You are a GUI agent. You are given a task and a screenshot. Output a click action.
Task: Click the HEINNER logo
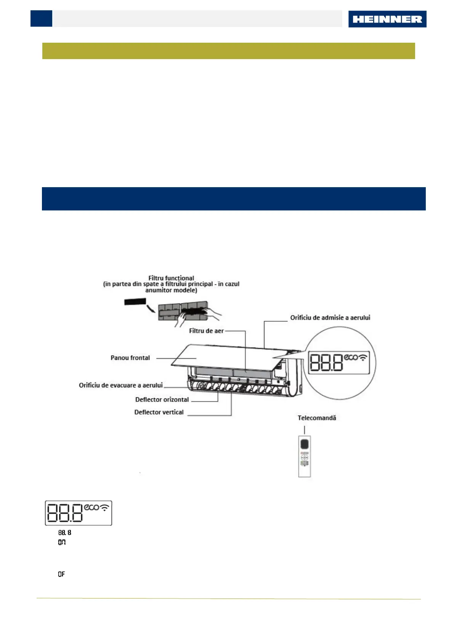pos(387,19)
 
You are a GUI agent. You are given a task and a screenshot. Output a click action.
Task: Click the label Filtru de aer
pos(206,331)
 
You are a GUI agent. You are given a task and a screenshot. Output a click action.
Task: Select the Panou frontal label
pos(130,358)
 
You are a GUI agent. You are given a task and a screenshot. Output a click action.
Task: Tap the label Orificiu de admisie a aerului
pos(330,318)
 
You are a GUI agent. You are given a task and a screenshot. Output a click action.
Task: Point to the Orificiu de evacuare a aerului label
pos(120,385)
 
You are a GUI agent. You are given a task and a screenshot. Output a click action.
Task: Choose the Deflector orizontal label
pos(162,400)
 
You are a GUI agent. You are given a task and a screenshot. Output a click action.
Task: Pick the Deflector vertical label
pos(159,412)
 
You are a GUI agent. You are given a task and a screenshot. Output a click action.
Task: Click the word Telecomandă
pos(317,418)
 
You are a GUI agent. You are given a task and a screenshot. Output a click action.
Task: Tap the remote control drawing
pos(304,456)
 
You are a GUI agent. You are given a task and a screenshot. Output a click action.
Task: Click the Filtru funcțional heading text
pos(171,278)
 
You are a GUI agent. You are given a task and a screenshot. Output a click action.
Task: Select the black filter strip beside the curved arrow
pos(135,302)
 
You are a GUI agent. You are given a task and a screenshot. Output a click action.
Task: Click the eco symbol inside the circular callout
pos(351,357)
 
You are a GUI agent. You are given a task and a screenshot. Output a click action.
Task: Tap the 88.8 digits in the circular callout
pos(326,363)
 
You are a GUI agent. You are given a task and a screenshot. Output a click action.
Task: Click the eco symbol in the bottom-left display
pos(91,507)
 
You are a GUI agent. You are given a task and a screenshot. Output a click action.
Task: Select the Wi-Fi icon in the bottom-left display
pos(104,507)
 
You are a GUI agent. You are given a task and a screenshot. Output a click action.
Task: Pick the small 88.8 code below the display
pos(64,533)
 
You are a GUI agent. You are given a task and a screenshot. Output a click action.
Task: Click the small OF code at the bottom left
pos(61,574)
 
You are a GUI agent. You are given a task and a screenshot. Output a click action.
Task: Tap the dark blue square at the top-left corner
pos(41,19)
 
